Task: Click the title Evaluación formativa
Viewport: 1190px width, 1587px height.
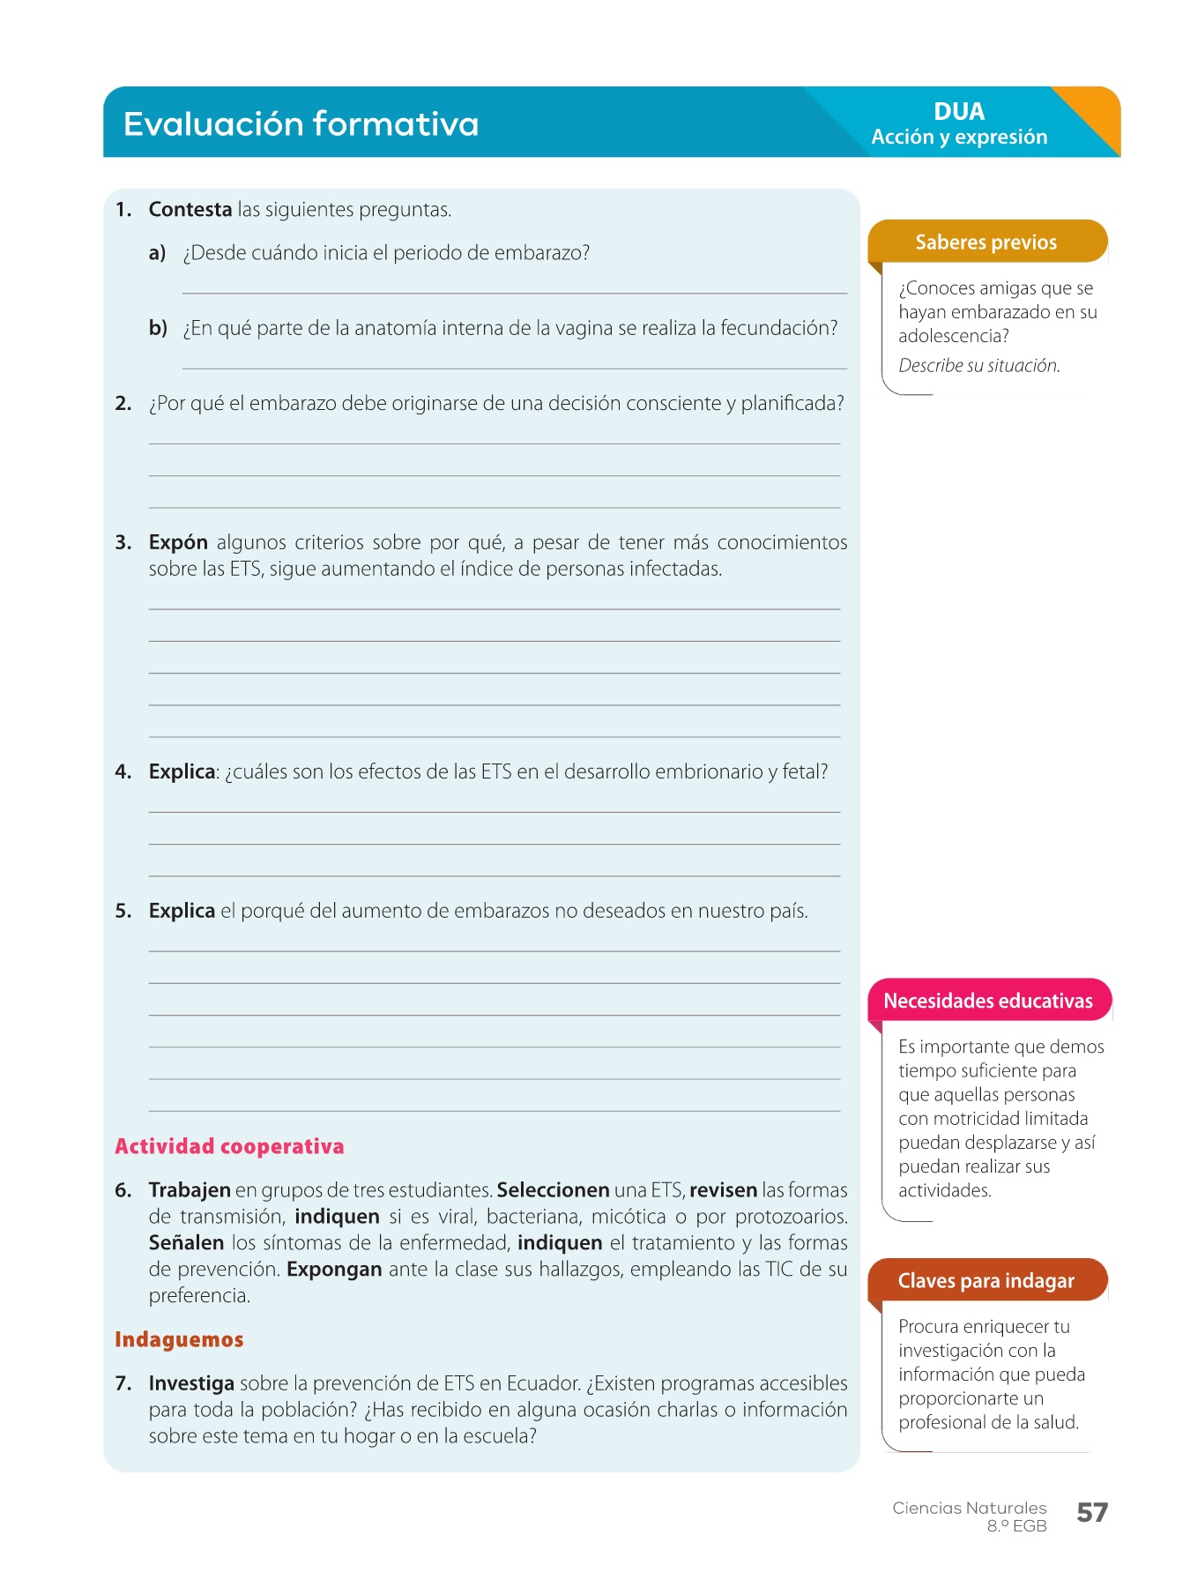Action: click(301, 123)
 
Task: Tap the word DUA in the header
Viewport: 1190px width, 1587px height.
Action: click(959, 112)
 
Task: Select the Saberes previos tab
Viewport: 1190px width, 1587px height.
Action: click(986, 242)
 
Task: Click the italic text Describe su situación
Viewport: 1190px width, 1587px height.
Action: click(979, 366)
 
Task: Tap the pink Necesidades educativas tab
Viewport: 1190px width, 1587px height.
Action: click(988, 1001)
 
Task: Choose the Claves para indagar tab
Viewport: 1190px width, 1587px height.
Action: click(986, 1281)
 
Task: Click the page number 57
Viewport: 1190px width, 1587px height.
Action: click(1092, 1513)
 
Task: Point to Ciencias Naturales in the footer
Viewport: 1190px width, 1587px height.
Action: click(969, 1508)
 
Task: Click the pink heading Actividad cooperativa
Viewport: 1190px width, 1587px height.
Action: click(229, 1146)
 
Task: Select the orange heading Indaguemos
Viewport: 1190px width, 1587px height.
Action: click(179, 1339)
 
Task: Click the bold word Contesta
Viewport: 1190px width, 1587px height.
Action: click(190, 210)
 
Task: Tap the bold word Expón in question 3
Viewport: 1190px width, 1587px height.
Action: click(178, 542)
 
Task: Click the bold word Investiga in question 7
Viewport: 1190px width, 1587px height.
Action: click(191, 1383)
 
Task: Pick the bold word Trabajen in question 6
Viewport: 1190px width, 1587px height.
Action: click(190, 1190)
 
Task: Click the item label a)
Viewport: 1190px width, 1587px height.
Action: click(158, 253)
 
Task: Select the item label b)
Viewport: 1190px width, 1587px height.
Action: click(158, 328)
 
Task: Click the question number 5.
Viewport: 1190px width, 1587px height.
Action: click(123, 911)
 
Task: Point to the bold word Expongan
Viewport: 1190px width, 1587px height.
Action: click(334, 1270)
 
